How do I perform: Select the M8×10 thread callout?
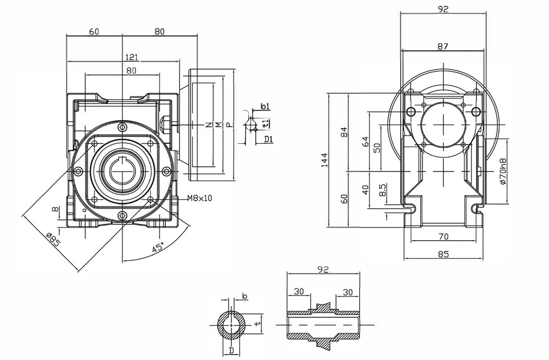click(x=200, y=198)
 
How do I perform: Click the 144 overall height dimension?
click(x=325, y=160)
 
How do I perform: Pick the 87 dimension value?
click(x=443, y=46)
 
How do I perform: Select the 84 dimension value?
click(x=345, y=132)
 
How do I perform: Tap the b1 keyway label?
click(x=265, y=106)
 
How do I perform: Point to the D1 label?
click(x=269, y=139)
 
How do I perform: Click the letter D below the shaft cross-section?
click(x=231, y=350)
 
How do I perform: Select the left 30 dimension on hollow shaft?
click(x=299, y=291)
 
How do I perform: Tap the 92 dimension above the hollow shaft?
click(x=323, y=270)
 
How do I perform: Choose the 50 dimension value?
click(x=377, y=148)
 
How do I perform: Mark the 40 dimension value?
click(x=365, y=190)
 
